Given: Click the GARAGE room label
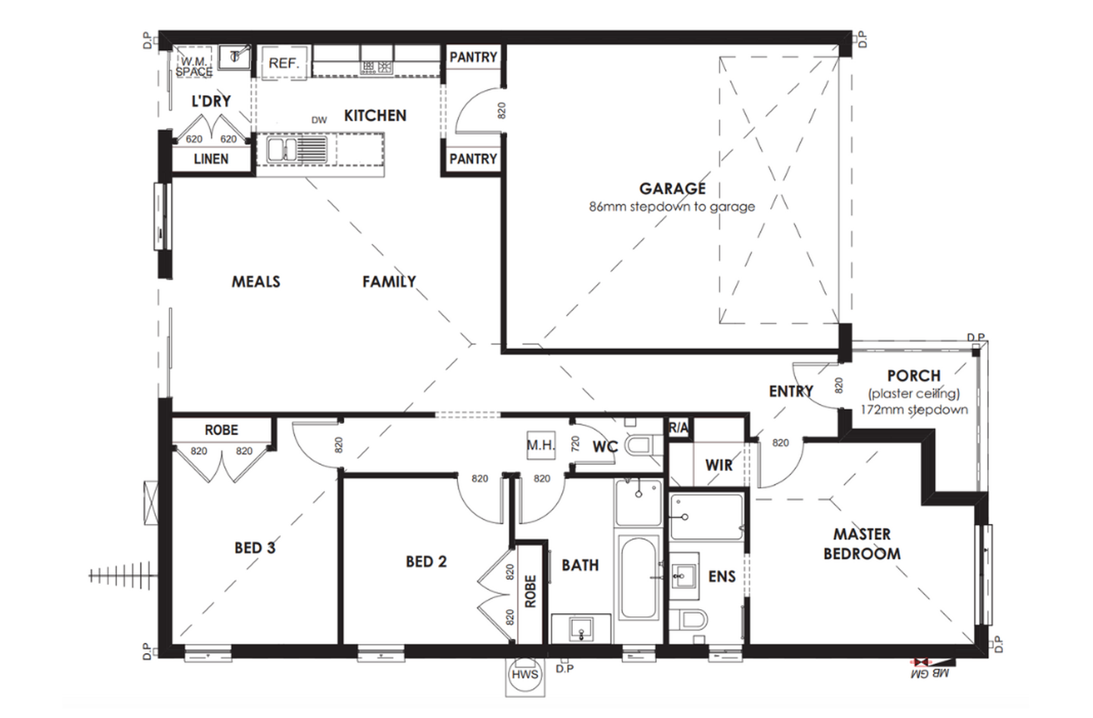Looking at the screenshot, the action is click(672, 188).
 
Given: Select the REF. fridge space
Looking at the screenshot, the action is click(283, 63).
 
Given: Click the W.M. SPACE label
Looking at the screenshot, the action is click(194, 66).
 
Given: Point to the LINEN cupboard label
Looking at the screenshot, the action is click(211, 159).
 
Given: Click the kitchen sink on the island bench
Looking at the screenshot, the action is click(283, 149).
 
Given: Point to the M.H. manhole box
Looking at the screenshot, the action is click(541, 445).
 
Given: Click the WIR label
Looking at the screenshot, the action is click(719, 465).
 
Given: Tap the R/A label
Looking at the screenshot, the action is click(678, 427).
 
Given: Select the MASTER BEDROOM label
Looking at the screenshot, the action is click(862, 544).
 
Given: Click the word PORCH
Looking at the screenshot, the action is click(914, 376).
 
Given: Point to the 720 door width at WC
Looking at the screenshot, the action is click(575, 444).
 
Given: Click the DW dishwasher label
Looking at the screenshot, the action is click(319, 120).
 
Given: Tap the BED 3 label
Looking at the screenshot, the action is click(255, 548).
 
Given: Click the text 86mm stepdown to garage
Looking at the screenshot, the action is click(672, 207).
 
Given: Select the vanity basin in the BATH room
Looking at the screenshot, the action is click(581, 628).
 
